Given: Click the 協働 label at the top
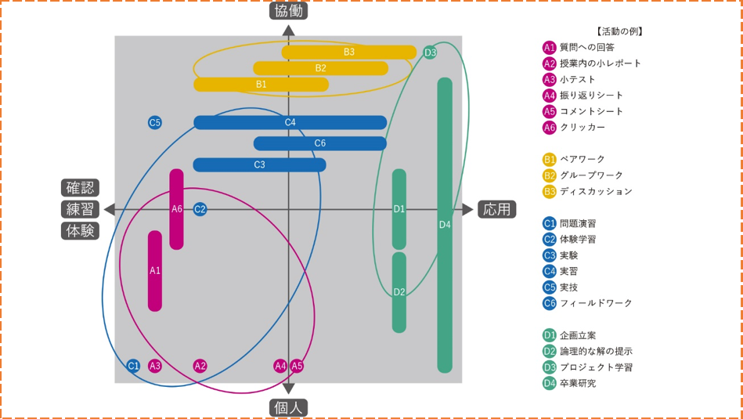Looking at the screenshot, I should [288, 10].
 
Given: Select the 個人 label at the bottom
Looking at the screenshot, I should [288, 408].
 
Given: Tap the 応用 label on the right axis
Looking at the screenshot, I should [496, 209].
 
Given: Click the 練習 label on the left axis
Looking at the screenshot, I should [80, 209].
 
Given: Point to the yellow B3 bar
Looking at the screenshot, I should [348, 52].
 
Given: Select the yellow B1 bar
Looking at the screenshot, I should [261, 84].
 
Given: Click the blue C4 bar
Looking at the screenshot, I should [290, 122].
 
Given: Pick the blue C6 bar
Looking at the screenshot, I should [319, 143].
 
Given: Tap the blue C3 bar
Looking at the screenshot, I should [259, 164].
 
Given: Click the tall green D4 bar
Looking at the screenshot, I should [445, 225].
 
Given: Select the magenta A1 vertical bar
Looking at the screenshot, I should [155, 270].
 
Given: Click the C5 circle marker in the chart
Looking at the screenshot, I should [155, 122].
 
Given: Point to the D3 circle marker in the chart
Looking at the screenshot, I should [430, 52].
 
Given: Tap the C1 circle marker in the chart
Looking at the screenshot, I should [133, 366].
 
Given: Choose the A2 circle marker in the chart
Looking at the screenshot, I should [200, 366].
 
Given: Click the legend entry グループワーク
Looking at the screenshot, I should [591, 175].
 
